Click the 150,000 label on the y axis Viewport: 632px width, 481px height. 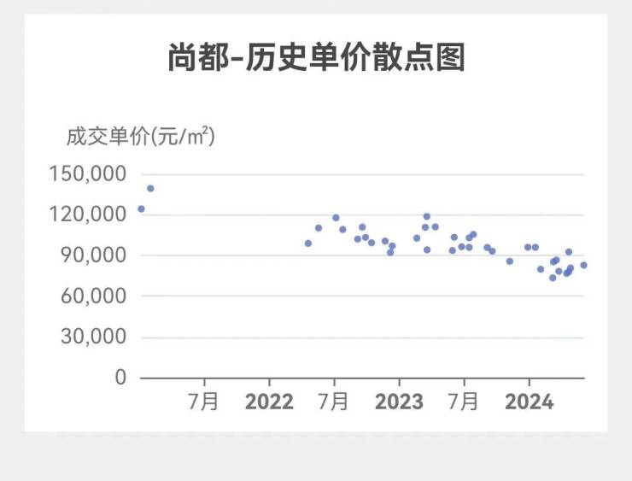click(88, 173)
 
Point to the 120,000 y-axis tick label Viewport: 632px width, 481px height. click(88, 214)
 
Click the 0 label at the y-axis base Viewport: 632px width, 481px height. click(120, 377)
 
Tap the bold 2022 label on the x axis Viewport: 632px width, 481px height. click(269, 402)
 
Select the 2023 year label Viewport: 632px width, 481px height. click(399, 402)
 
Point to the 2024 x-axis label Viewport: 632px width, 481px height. click(529, 402)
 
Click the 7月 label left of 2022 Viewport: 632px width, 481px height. click(204, 402)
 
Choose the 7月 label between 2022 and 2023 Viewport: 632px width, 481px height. click(334, 402)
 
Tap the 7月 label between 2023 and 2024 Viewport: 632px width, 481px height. click(464, 402)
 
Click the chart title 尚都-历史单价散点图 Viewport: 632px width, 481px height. click(316, 57)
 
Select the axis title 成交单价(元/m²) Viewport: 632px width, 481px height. click(140, 136)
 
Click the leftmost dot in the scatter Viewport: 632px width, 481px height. click(141, 208)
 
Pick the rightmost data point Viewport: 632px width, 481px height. click(583, 265)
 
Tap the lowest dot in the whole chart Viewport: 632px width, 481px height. click(553, 278)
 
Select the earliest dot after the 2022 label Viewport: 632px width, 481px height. click(308, 243)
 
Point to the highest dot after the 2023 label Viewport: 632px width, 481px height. click(427, 216)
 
